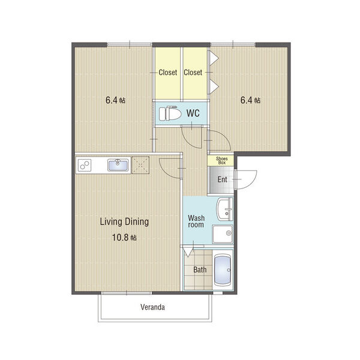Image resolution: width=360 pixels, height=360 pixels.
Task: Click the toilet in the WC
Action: click(170, 113)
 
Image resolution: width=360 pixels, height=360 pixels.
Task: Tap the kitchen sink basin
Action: click(118, 165)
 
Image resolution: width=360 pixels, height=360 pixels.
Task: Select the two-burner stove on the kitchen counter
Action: click(85, 166)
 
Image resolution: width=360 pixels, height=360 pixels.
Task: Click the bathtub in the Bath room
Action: click(222, 270)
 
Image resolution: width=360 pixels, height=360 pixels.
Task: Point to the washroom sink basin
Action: click(225, 209)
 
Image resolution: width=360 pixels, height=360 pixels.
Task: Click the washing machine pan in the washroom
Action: click(223, 234)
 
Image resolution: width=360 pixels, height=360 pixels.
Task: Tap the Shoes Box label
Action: click(222, 160)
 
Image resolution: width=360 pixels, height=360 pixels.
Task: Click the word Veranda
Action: click(152, 307)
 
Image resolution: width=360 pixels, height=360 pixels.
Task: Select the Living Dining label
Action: click(124, 222)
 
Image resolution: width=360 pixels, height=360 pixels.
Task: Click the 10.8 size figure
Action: click(121, 238)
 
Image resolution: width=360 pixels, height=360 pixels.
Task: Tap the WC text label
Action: click(193, 113)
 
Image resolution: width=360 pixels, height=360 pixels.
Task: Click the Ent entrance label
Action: click(222, 179)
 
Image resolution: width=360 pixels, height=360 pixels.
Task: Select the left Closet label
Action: click(168, 73)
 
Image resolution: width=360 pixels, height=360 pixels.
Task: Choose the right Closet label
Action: click(193, 73)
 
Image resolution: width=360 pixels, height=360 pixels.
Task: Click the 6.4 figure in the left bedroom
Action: click(112, 100)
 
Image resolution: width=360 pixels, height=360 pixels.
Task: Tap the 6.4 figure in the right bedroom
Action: click(247, 100)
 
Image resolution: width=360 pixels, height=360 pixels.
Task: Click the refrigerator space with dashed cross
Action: click(140, 165)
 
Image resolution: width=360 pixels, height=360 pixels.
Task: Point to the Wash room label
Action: click(196, 221)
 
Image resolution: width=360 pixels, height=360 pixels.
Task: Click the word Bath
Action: click(200, 270)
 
